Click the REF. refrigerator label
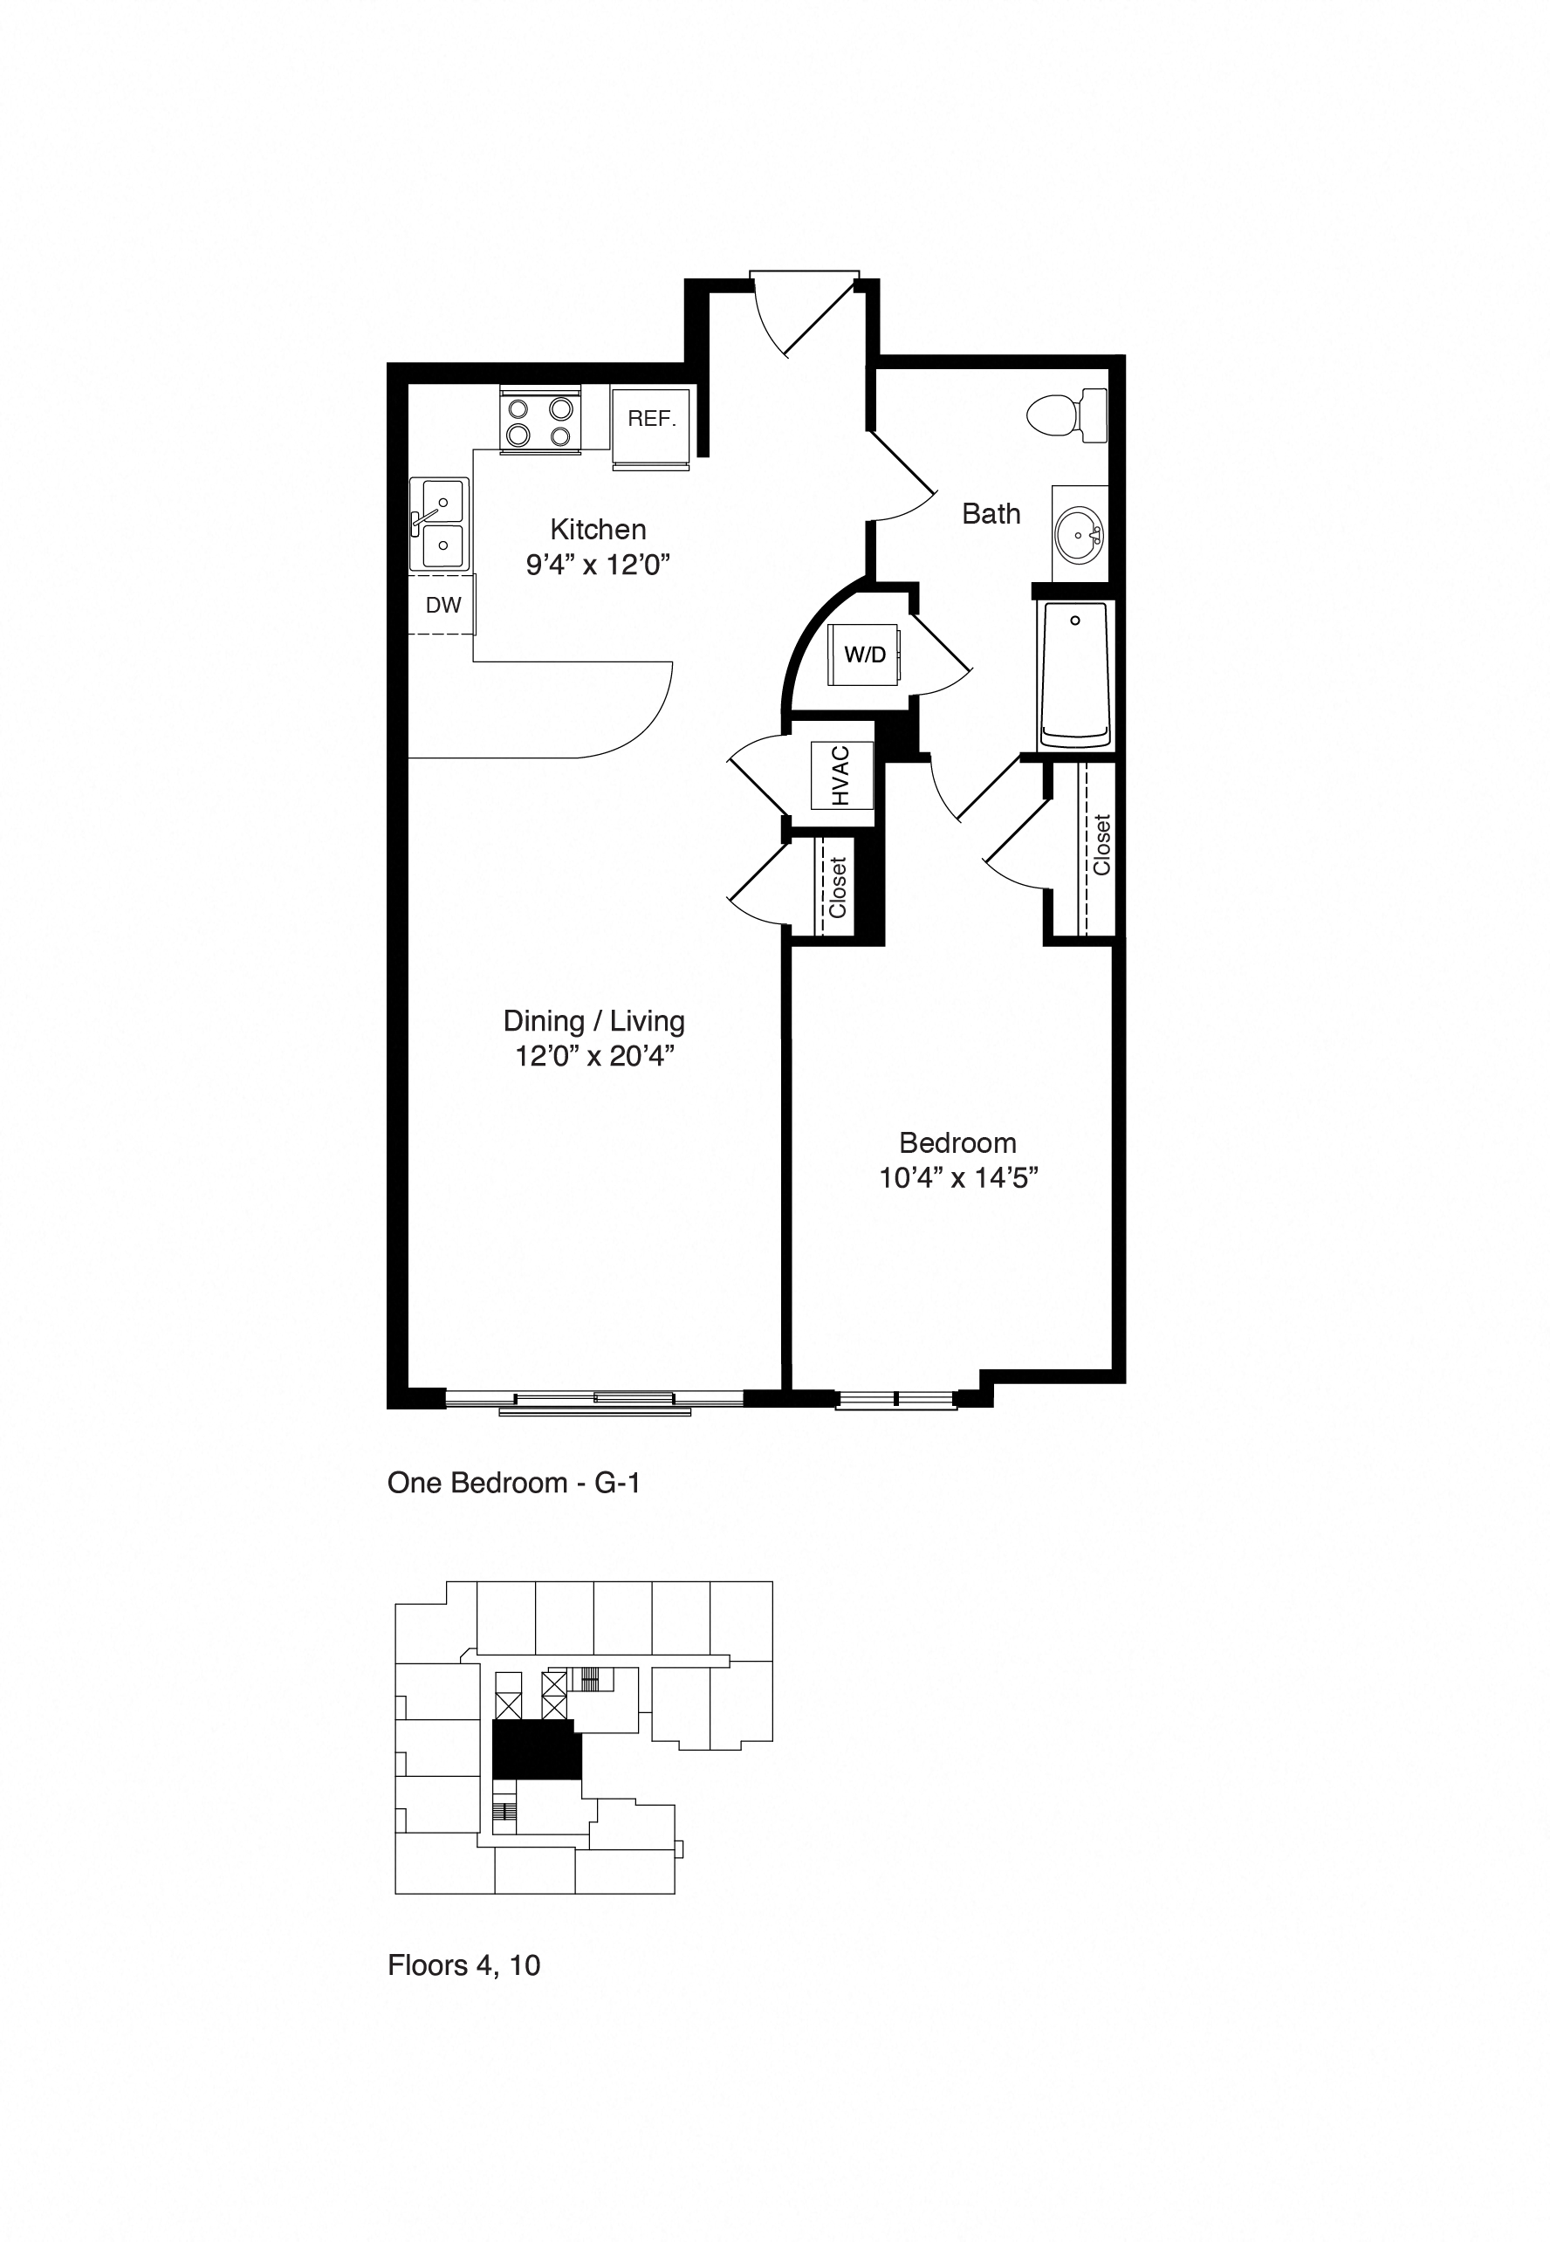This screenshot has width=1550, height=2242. point(651,419)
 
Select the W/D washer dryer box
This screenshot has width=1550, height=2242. point(863,655)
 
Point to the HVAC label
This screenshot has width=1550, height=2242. point(841,775)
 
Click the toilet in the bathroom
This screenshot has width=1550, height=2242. point(1067,415)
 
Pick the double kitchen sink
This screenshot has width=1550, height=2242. point(441,525)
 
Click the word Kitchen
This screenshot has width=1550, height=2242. point(597,529)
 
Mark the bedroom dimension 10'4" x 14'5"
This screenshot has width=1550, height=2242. point(958,1178)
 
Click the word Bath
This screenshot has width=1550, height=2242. point(991,514)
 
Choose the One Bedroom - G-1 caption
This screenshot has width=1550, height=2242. point(514,1483)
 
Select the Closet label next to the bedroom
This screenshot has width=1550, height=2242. point(1101,845)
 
